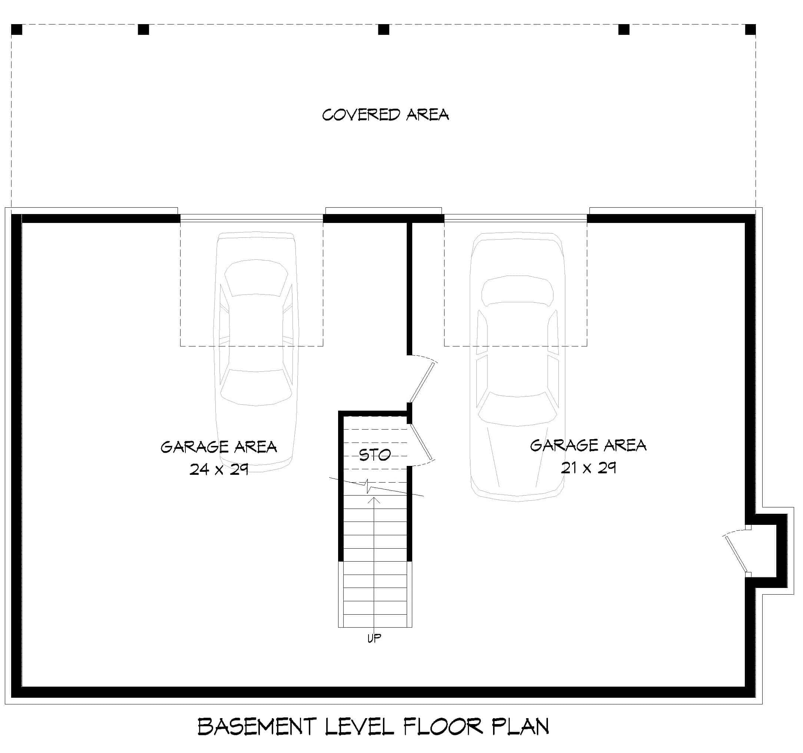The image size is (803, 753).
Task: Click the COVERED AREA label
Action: click(x=385, y=115)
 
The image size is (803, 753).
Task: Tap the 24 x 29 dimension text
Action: click(x=218, y=470)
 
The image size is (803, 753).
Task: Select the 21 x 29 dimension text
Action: click(x=588, y=468)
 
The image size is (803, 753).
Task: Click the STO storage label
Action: click(x=374, y=456)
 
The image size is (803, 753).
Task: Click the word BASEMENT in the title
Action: click(x=257, y=727)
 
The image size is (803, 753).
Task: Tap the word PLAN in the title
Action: click(x=520, y=727)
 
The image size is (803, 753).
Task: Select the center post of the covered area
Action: click(x=383, y=30)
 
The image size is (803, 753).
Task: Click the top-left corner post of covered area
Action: click(x=17, y=30)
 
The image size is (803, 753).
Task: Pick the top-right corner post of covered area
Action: click(x=750, y=30)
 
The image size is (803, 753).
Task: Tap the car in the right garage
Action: click(x=518, y=364)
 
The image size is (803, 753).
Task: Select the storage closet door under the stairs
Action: click(x=421, y=443)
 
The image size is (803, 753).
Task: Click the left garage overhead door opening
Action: click(x=251, y=218)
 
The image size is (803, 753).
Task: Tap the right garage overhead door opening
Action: click(x=515, y=218)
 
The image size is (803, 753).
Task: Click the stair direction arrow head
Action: click(x=374, y=500)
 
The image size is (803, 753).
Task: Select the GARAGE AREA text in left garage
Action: click(x=218, y=447)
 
